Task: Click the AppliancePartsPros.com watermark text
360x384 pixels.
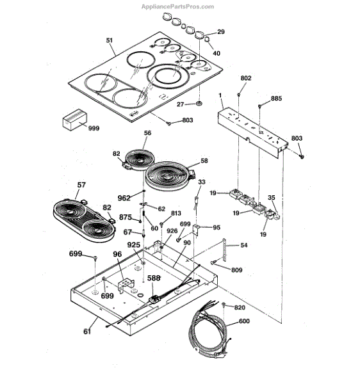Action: (x=177, y=6)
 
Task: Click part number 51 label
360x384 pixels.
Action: (x=110, y=40)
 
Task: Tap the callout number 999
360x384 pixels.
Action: (x=94, y=128)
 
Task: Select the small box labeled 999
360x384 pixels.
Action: (x=75, y=120)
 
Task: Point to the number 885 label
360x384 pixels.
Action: (x=276, y=98)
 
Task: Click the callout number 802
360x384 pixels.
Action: (x=246, y=78)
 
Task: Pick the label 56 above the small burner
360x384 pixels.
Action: (x=147, y=132)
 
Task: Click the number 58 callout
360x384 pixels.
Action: (x=204, y=161)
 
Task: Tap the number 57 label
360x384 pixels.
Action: (x=81, y=185)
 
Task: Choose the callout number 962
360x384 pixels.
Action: (x=124, y=198)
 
